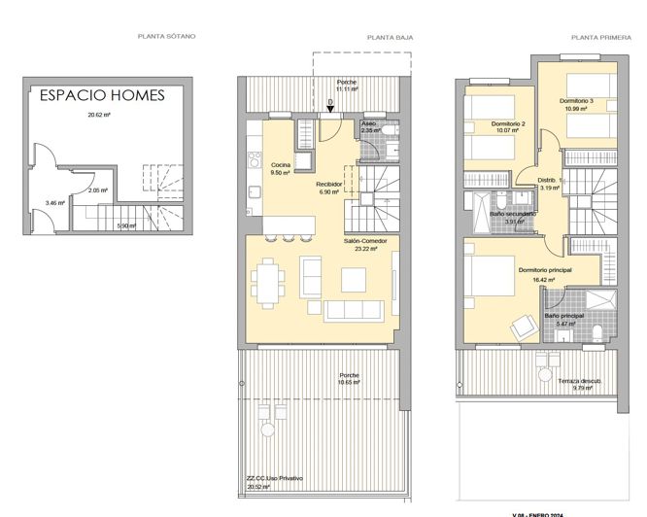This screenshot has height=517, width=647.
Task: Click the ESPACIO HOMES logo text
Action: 102,95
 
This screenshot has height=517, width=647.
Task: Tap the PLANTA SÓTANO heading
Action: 167,36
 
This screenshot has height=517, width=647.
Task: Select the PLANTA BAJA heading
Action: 391,37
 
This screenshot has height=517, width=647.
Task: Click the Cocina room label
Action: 281,164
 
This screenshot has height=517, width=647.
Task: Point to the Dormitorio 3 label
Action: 576,100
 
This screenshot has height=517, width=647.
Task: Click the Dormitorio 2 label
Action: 508,123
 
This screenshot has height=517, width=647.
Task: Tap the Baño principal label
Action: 563,316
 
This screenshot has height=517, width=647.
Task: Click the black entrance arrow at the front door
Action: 330,105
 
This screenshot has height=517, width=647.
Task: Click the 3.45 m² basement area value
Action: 54,203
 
